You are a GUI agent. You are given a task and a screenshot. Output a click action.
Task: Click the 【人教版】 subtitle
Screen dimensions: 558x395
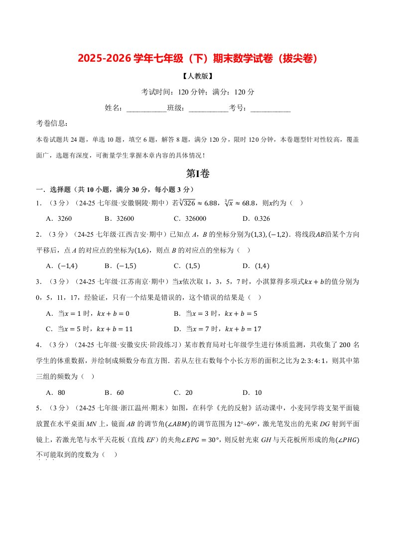pos(197,77)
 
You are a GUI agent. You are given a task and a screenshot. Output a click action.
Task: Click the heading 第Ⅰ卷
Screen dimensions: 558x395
pos(197,174)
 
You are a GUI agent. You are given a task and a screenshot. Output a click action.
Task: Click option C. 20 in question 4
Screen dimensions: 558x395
pos(184,392)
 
